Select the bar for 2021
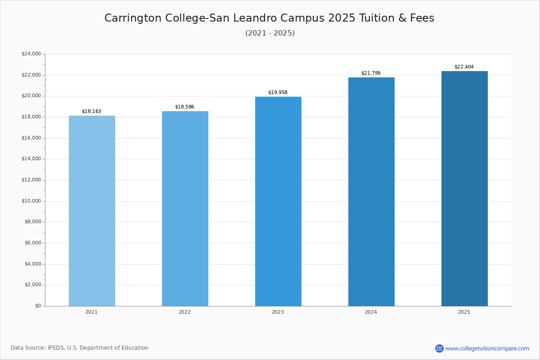(x=92, y=211)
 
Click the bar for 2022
(x=185, y=209)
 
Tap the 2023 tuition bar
(x=278, y=202)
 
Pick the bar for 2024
(x=372, y=192)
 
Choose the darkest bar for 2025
(x=464, y=189)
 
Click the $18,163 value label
(x=92, y=112)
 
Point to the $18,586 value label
(x=184, y=107)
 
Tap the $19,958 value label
(x=278, y=92)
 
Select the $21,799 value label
(x=371, y=73)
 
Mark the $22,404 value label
(x=464, y=67)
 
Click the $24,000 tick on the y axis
(x=31, y=54)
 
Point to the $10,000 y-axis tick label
(x=31, y=201)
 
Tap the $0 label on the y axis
(x=38, y=306)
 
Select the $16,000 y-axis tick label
(x=31, y=138)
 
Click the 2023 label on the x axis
(x=278, y=312)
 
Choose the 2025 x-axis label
(x=464, y=312)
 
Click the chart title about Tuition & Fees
(x=269, y=18)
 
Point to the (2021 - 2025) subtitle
(x=270, y=33)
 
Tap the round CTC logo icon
(x=439, y=348)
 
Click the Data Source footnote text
(x=80, y=348)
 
